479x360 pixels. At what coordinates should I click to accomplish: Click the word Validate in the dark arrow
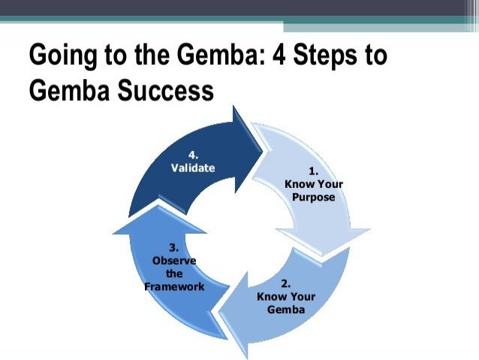click(x=193, y=168)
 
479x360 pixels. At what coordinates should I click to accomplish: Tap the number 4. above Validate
click(x=193, y=156)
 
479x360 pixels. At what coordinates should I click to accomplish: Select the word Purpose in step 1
click(x=313, y=197)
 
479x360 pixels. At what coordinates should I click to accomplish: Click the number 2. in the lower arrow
click(x=285, y=283)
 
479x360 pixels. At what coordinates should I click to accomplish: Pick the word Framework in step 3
click(x=174, y=287)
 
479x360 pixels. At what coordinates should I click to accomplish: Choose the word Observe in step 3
click(x=174, y=261)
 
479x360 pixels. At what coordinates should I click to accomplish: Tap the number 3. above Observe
click(x=174, y=247)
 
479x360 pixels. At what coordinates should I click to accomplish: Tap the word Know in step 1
click(x=298, y=184)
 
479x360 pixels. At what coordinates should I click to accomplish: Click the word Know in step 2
click(x=270, y=297)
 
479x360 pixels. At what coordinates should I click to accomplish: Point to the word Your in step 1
click(x=327, y=184)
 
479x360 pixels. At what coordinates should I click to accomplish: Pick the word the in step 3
click(x=174, y=274)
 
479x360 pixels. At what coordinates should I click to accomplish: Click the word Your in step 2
click(x=301, y=297)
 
